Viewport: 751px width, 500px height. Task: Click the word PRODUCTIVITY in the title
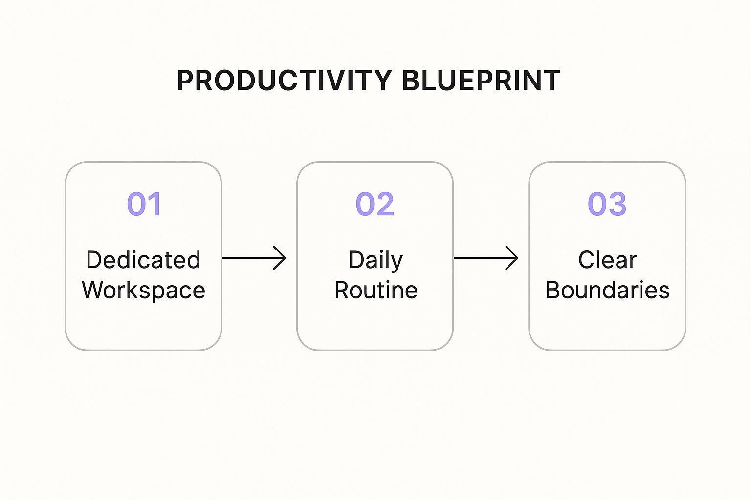pyautogui.click(x=284, y=81)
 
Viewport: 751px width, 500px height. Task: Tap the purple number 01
pyautogui.click(x=144, y=204)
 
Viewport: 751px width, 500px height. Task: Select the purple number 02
pyautogui.click(x=375, y=204)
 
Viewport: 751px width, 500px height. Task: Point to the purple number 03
pyautogui.click(x=607, y=204)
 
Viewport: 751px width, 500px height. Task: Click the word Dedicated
pyautogui.click(x=143, y=260)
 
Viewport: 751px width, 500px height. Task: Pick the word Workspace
pyautogui.click(x=143, y=291)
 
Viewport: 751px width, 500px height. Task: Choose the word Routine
pyautogui.click(x=375, y=291)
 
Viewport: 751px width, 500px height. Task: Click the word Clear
pyautogui.click(x=607, y=260)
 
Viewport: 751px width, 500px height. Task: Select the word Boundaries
pyautogui.click(x=607, y=291)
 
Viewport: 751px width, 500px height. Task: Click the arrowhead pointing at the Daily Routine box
pyautogui.click(x=281, y=258)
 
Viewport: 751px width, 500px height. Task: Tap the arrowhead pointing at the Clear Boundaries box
pyautogui.click(x=513, y=258)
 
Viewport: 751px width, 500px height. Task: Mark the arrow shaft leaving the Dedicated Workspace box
pyautogui.click(x=249, y=258)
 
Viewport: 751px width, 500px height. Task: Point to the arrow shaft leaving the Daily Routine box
pyautogui.click(x=482, y=258)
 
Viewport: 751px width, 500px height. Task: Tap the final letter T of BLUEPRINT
pyautogui.click(x=552, y=81)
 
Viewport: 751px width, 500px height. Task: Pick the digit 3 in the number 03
pyautogui.click(x=617, y=204)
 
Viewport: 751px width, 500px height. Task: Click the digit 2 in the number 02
pyautogui.click(x=385, y=204)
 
